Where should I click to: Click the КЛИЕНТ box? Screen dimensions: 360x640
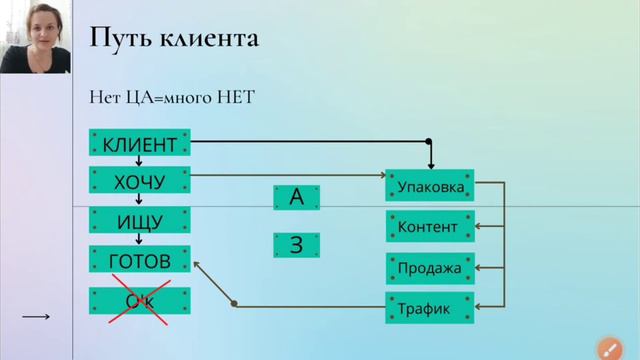[x=139, y=144]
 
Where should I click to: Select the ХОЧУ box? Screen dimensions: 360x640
[x=139, y=181]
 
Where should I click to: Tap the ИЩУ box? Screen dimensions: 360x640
[x=139, y=221]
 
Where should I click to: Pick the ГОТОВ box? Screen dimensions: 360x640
[x=139, y=261]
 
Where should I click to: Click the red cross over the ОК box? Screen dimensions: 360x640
[x=139, y=301]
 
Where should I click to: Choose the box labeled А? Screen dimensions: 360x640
[x=296, y=197]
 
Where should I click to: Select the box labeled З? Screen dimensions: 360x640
[x=296, y=245]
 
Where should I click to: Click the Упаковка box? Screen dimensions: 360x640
[x=429, y=186]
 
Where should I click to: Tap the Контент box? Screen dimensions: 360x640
[x=429, y=227]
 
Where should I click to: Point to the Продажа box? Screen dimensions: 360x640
[x=429, y=268]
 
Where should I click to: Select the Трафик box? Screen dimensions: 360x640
[x=429, y=309]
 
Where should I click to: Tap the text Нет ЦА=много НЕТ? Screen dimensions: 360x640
[x=172, y=97]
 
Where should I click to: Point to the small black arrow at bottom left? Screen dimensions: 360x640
[x=36, y=317]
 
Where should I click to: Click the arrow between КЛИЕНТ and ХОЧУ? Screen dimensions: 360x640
[x=139, y=162]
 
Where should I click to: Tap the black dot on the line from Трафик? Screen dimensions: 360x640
[x=234, y=304]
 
